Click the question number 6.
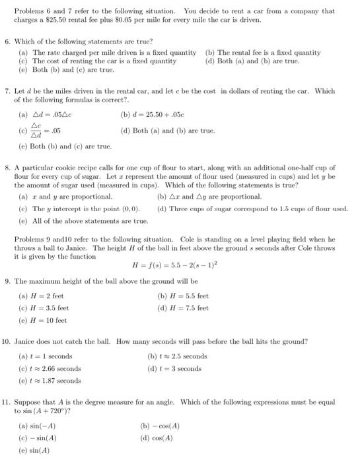(7, 41)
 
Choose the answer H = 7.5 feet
(186, 308)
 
